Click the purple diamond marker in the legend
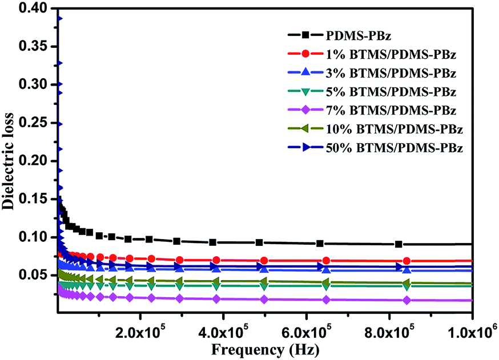[x=306, y=110]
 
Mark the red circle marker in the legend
[x=306, y=54]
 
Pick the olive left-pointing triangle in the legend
[x=306, y=129]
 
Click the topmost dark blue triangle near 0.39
[x=59, y=18]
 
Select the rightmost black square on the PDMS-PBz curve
[x=399, y=244]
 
